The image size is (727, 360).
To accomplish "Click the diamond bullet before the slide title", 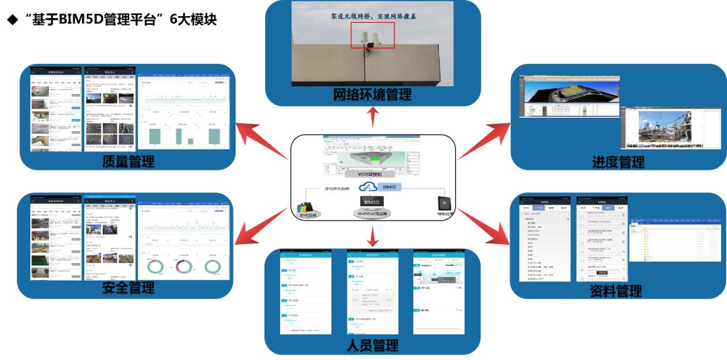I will coord(11,20).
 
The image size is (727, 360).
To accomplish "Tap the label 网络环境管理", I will coord(372,95).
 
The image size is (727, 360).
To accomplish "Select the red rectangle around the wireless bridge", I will coord(372,35).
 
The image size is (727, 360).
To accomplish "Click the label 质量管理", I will coord(129,161).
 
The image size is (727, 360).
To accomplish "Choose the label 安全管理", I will coord(128,288).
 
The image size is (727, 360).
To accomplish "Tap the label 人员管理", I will coord(372,346).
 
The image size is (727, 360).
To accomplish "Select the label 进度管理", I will coord(618,161).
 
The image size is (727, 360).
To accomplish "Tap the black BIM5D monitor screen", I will coord(372,201).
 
